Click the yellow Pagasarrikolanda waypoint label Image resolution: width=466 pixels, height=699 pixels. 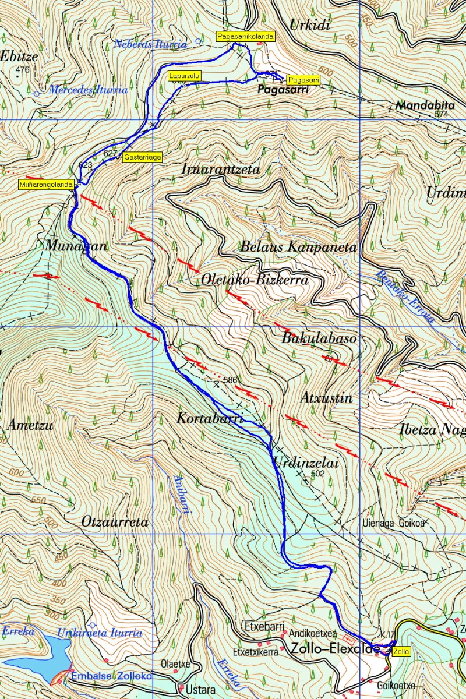(x=245, y=36)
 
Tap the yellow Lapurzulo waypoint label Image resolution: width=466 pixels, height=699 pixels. (x=185, y=76)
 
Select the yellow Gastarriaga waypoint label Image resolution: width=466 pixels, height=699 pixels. (x=143, y=157)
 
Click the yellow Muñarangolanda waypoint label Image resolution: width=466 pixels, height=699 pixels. (x=46, y=184)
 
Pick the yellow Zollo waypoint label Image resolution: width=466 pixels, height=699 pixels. (x=401, y=651)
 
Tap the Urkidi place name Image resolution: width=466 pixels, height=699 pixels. (x=310, y=24)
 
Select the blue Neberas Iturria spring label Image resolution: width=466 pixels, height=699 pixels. (x=151, y=44)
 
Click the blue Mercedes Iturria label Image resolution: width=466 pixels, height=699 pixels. (x=88, y=90)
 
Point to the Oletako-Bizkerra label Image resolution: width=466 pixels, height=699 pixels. (x=255, y=280)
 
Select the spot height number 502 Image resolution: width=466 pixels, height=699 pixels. (x=317, y=474)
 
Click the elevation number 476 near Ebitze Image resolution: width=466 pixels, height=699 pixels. (x=22, y=70)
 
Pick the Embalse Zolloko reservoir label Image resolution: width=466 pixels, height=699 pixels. (x=111, y=676)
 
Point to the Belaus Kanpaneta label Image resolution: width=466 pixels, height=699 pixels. (x=298, y=246)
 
